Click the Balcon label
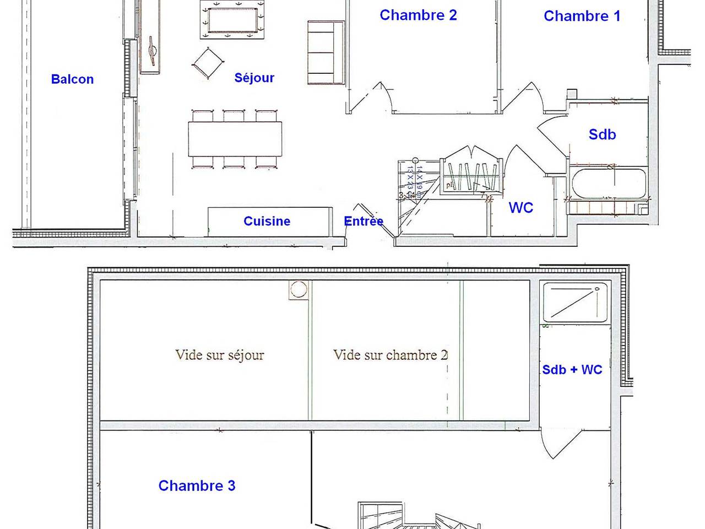[x=72, y=79]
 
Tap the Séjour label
[x=254, y=78]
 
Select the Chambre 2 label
[x=418, y=15]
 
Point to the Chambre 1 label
[x=582, y=16]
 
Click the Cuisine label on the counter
[x=267, y=221]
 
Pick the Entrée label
[x=364, y=221]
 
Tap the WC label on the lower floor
[x=520, y=208]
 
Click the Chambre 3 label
[x=197, y=485]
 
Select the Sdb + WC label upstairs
[x=572, y=370]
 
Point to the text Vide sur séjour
[x=219, y=355]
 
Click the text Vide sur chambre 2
[x=390, y=355]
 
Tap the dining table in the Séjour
[x=235, y=139]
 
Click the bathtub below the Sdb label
[x=609, y=183]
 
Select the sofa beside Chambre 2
[x=326, y=53]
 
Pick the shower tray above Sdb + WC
[x=576, y=302]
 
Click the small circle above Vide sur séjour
[x=299, y=289]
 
